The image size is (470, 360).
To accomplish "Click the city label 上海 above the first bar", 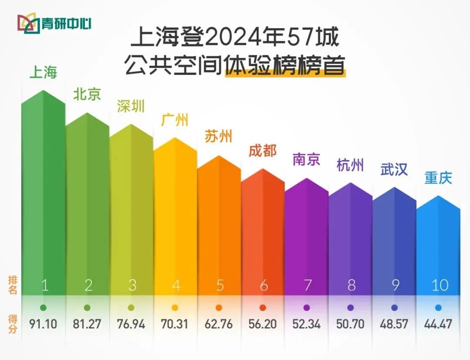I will [44, 72].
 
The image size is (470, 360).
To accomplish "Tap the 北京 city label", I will [87, 94].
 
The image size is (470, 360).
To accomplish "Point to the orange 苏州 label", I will [218, 137].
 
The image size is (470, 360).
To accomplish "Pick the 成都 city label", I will [262, 151].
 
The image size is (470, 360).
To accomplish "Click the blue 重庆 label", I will [438, 178].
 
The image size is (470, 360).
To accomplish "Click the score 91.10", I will [44, 324].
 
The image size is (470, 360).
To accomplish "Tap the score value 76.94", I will [131, 324].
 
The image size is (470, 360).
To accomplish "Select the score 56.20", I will [262, 324].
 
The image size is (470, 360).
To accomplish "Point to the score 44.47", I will [438, 324].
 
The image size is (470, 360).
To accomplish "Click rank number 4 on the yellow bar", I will [175, 285].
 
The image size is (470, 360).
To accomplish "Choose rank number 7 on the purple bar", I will [307, 285].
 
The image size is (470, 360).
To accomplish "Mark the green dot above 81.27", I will [87, 308].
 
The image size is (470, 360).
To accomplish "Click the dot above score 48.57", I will [394, 308].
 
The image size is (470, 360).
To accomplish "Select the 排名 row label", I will [13, 285].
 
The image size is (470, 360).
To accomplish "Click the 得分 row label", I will [13, 323].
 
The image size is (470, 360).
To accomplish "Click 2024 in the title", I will [228, 39].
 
